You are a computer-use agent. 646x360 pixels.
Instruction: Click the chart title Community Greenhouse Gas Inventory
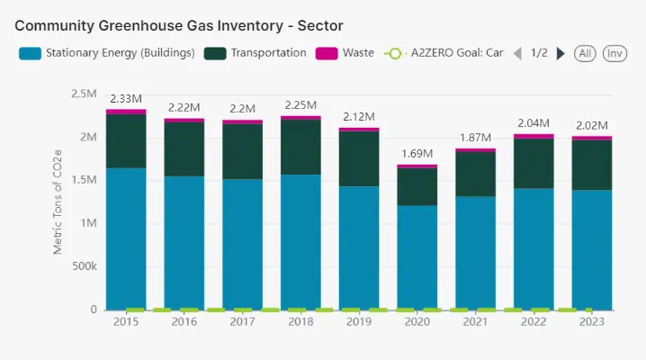[x=178, y=24]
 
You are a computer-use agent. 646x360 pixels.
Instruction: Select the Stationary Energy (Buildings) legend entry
[x=107, y=53]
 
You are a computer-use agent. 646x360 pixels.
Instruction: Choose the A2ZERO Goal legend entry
[x=446, y=53]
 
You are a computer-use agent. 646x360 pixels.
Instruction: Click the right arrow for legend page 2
[x=561, y=53]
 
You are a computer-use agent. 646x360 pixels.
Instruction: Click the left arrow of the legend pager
[x=517, y=53]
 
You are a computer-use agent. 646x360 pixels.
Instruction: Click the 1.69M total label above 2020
[x=417, y=154]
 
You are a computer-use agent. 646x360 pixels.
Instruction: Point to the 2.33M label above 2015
[x=126, y=98]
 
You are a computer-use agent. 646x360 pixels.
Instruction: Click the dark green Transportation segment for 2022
[x=534, y=163]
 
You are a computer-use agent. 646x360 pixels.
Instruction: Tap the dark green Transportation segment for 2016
[x=184, y=148]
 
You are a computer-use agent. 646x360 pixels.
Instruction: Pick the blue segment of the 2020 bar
[x=417, y=256]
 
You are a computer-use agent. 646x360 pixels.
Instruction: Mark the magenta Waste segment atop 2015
[x=126, y=112]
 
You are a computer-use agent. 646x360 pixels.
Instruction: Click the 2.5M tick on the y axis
[x=84, y=93]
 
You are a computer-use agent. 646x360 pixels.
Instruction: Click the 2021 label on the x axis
[x=475, y=321]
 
